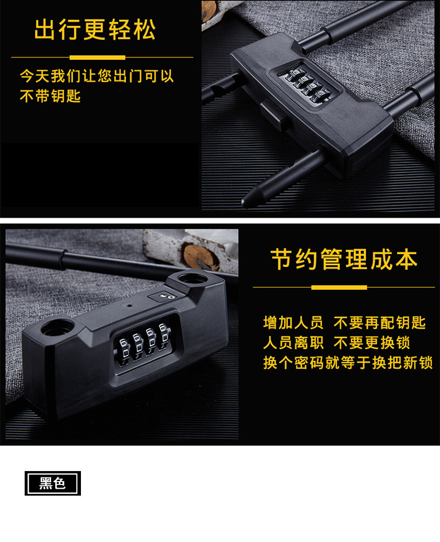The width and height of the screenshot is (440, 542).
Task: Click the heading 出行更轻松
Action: [94, 29]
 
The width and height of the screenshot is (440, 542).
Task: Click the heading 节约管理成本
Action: [344, 259]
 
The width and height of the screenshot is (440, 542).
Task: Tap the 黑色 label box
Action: [53, 483]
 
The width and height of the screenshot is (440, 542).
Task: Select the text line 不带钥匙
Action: [50, 96]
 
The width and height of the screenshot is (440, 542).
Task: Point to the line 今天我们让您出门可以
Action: [96, 76]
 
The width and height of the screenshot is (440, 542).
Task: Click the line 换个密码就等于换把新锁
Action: [348, 363]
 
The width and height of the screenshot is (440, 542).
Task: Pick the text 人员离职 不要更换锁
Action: [336, 343]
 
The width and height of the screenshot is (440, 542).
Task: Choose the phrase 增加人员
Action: [293, 323]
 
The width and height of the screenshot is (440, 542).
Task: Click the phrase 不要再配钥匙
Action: [380, 323]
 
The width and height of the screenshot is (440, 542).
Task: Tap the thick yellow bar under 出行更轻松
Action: [97, 57]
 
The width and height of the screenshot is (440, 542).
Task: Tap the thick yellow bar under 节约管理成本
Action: [339, 287]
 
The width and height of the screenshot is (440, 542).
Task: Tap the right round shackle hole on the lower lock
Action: [191, 278]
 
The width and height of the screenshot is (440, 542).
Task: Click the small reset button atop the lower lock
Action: [163, 297]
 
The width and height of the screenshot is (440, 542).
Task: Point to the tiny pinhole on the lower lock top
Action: [130, 306]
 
